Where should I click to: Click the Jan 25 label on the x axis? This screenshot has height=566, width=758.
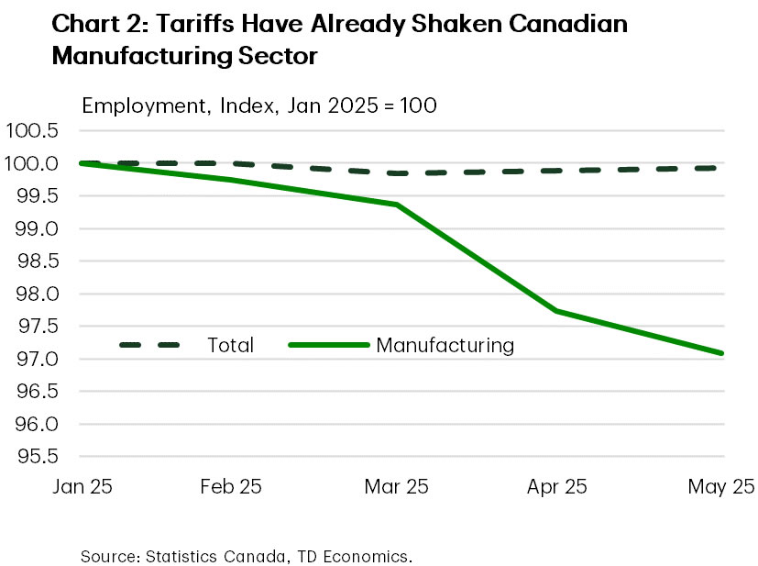point(82,487)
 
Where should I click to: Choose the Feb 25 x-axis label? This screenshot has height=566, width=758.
point(230,487)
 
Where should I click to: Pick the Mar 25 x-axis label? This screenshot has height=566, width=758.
point(396,487)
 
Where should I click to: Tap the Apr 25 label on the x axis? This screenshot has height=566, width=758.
point(556,487)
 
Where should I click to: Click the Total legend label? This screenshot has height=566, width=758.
point(230,346)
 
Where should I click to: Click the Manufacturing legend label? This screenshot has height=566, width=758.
point(445,346)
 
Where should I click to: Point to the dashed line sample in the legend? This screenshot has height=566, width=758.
point(151,346)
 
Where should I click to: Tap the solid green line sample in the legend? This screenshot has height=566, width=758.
point(328,346)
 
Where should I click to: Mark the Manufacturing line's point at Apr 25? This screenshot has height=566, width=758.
point(558,311)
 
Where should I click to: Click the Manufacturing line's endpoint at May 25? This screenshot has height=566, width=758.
point(722,353)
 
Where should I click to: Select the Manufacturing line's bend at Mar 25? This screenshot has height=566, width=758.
point(397,205)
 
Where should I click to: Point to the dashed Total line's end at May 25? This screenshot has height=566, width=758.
point(720,168)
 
